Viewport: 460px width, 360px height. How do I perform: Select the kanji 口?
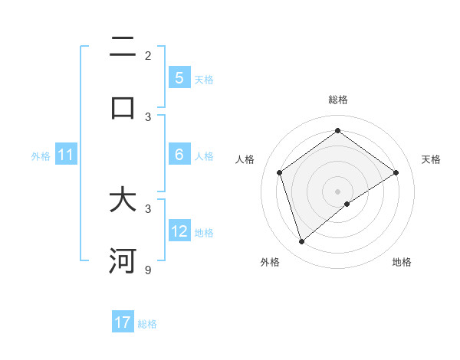123,107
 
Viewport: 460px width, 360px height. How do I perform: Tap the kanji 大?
123,201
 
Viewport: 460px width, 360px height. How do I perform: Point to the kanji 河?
123,261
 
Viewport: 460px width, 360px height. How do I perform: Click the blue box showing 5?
179,78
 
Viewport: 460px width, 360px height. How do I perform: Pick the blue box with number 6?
179,155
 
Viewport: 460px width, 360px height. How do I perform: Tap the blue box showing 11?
66,155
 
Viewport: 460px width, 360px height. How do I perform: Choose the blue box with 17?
123,322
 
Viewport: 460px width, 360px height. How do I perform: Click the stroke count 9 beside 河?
148,270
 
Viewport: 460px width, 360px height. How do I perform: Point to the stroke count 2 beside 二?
148,56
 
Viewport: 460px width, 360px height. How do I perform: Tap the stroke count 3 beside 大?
148,208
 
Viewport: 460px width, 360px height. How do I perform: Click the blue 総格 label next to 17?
147,324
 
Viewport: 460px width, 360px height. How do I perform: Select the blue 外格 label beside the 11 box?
41,156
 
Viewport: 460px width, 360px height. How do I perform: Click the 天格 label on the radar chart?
431,159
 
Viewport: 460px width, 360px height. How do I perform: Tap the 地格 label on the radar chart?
402,263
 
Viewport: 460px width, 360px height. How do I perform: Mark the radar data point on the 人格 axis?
280,172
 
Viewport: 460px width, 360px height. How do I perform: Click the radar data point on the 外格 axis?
302,242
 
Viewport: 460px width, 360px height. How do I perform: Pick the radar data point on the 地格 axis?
347,204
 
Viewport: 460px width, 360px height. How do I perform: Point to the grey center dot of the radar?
338,191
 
